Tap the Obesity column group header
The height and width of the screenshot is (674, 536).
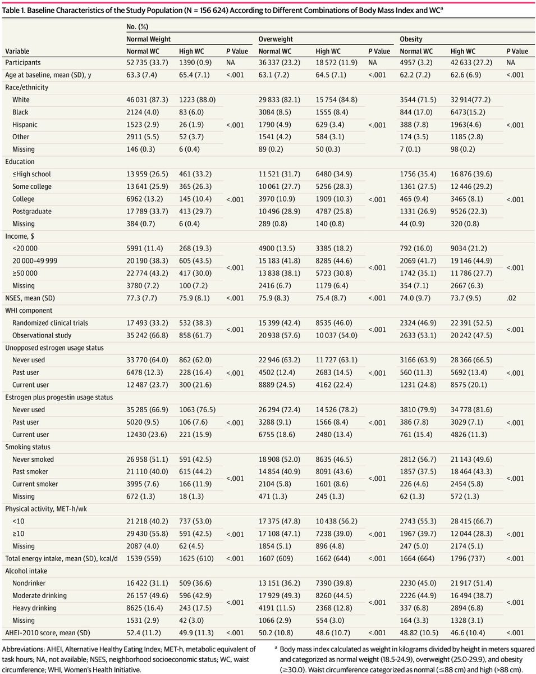411,39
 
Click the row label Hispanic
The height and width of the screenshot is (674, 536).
25,125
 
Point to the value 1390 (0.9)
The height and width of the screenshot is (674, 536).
195,63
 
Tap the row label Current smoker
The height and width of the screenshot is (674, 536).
35,484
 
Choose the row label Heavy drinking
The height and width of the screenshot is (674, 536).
35,608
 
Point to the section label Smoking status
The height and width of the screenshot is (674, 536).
28,447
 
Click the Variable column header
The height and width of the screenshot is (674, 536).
17,51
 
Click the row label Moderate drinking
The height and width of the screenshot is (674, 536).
40,595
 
